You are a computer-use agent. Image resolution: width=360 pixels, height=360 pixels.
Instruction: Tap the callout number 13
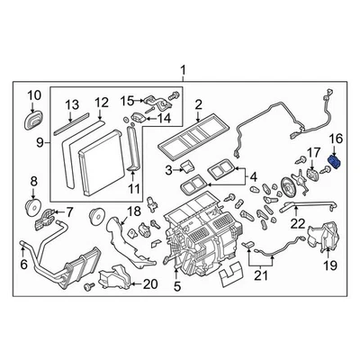(x=74, y=103)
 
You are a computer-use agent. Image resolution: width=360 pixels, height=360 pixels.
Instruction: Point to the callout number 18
(x=133, y=211)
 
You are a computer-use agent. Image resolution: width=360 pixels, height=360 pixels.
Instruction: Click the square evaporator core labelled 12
(x=92, y=153)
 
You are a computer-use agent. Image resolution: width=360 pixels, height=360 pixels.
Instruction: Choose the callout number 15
(x=127, y=99)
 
